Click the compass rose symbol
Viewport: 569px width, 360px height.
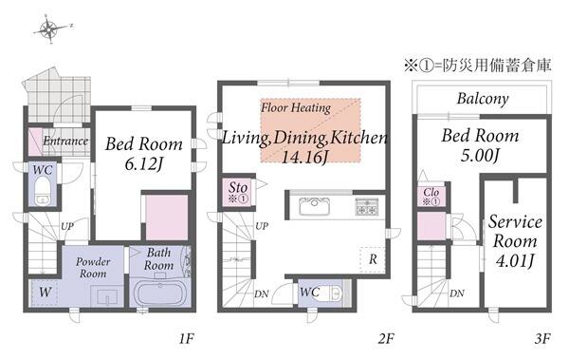(49, 29)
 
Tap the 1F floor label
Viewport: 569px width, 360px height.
(186, 339)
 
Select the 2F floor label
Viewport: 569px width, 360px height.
(386, 339)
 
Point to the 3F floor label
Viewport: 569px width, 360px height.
(542, 339)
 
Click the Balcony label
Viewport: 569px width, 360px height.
(483, 99)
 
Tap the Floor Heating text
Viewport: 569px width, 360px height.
(296, 107)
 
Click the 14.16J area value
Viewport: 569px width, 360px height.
(304, 157)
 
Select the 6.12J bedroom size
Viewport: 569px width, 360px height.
(144, 164)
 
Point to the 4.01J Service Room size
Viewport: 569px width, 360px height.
(515, 260)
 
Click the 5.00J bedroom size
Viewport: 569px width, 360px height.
(480, 156)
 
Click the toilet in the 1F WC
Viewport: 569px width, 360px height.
(43, 191)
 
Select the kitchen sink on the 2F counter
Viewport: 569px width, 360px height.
(314, 206)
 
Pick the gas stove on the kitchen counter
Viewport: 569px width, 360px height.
(367, 206)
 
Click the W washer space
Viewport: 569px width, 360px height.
(45, 292)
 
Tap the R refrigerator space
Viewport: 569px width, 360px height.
(373, 259)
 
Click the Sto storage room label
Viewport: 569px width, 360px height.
(238, 188)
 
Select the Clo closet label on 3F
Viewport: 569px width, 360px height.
(431, 192)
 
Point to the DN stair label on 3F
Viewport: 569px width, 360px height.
(457, 294)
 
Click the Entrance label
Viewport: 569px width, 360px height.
(65, 142)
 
